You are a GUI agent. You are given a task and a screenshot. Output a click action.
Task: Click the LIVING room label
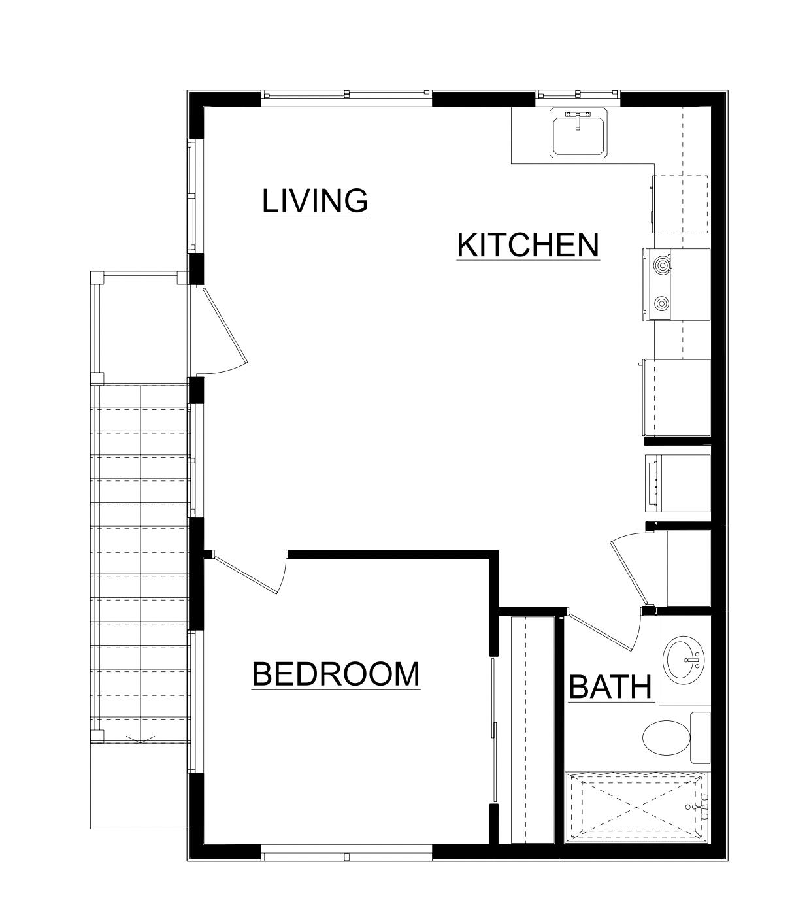315,201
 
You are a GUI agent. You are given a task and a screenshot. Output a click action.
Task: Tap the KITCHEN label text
527,245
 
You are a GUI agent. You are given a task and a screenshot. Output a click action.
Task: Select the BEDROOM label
335,674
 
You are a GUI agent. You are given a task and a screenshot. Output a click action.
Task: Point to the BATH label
610,687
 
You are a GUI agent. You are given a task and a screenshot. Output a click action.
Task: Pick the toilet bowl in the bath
666,738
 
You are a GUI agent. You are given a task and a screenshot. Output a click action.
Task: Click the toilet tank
700,738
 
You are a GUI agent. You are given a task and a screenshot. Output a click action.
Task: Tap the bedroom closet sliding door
493,729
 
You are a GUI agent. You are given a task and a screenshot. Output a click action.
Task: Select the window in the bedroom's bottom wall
346,852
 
